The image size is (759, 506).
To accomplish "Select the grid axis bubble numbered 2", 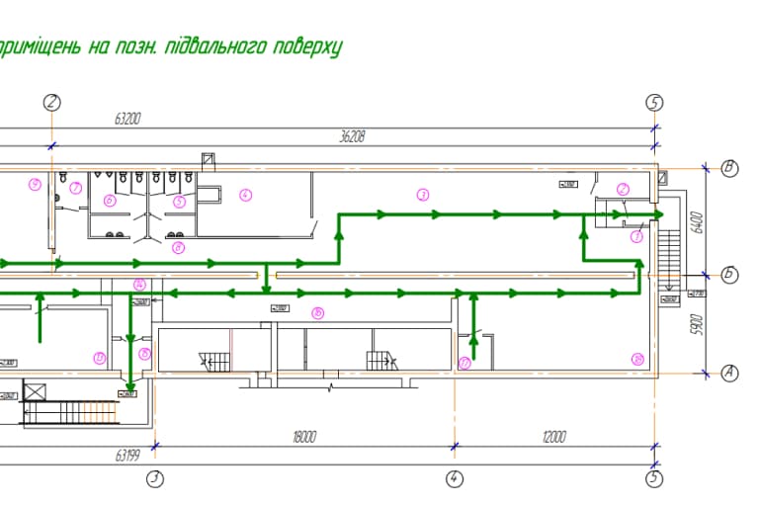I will (x=51, y=102).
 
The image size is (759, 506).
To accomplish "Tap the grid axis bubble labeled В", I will (x=729, y=167).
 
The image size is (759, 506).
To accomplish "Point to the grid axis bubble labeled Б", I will (x=729, y=275).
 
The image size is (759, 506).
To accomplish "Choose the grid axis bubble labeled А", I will (x=729, y=373).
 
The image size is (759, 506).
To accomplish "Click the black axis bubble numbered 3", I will (x=154, y=479).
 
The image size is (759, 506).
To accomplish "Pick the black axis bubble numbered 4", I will (x=455, y=479).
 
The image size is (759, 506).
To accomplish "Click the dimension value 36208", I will (x=352, y=137).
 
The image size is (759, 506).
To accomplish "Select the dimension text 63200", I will (x=128, y=119).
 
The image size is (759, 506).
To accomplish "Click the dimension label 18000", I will (x=304, y=436).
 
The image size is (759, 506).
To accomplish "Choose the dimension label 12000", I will (x=554, y=436).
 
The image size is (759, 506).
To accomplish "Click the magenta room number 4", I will (x=246, y=195).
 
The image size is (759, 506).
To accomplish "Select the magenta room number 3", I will (x=422, y=195).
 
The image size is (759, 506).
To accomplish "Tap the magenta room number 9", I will (x=35, y=183).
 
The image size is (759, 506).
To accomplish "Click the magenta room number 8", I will (x=178, y=247).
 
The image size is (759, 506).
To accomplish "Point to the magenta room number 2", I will (x=623, y=189).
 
